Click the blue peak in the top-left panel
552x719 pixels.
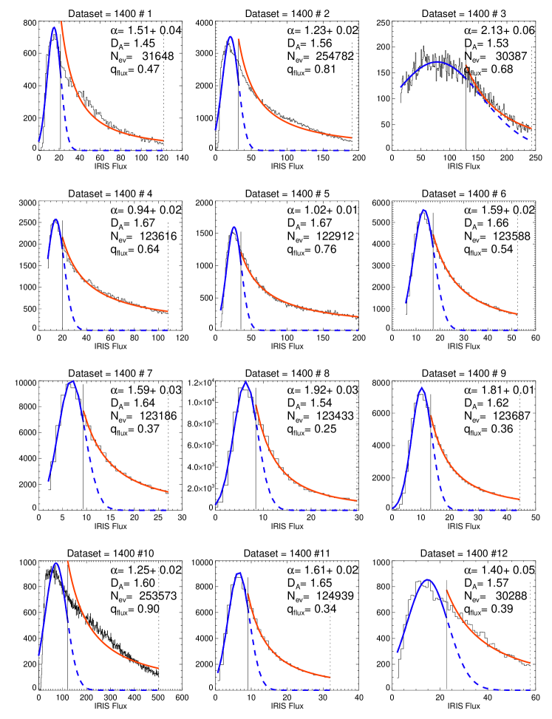[x=54, y=27]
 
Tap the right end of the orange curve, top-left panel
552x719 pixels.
[x=163, y=140]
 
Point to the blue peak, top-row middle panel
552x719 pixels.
[x=231, y=36]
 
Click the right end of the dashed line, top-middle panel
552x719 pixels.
[x=350, y=151]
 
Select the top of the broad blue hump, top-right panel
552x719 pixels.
[x=438, y=62]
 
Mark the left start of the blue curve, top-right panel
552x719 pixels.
[x=401, y=87]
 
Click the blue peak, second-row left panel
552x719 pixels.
[x=55, y=219]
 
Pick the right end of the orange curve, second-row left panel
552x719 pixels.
[x=168, y=311]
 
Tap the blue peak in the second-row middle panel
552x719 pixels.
[x=234, y=227]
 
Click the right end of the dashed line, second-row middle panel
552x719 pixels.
[x=358, y=330]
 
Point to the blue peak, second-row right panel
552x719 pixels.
[x=423, y=210]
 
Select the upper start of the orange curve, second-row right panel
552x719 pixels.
[x=433, y=235]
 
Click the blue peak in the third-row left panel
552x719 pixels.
[x=72, y=381]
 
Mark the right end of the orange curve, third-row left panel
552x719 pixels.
[x=168, y=491]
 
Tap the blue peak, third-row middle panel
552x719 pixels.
[x=245, y=382]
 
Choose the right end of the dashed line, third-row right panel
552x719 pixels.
[x=518, y=510]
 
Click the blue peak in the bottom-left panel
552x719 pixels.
[x=56, y=563]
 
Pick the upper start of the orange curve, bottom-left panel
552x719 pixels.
[x=68, y=562]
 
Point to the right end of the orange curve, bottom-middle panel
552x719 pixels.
[x=330, y=676]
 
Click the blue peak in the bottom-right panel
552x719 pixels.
[x=428, y=579]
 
